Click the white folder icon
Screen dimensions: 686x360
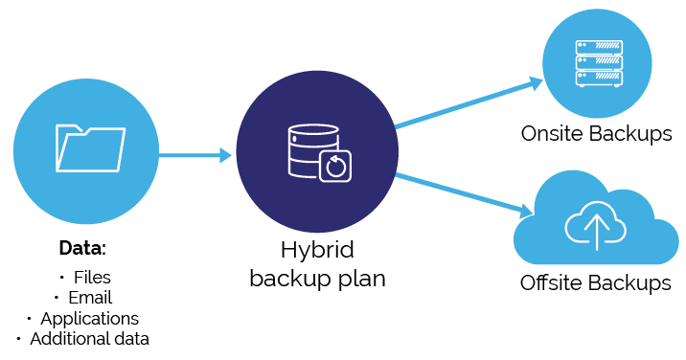(91, 148)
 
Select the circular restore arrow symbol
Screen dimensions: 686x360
(335, 167)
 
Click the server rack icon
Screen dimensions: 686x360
(599, 64)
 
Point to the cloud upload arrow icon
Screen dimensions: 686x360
(596, 225)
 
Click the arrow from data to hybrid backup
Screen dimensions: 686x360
(195, 155)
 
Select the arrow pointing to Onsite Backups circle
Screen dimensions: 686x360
(469, 102)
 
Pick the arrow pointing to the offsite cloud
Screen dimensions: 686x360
(464, 195)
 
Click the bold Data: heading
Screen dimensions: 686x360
(82, 248)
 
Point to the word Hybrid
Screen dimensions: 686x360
(317, 251)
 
